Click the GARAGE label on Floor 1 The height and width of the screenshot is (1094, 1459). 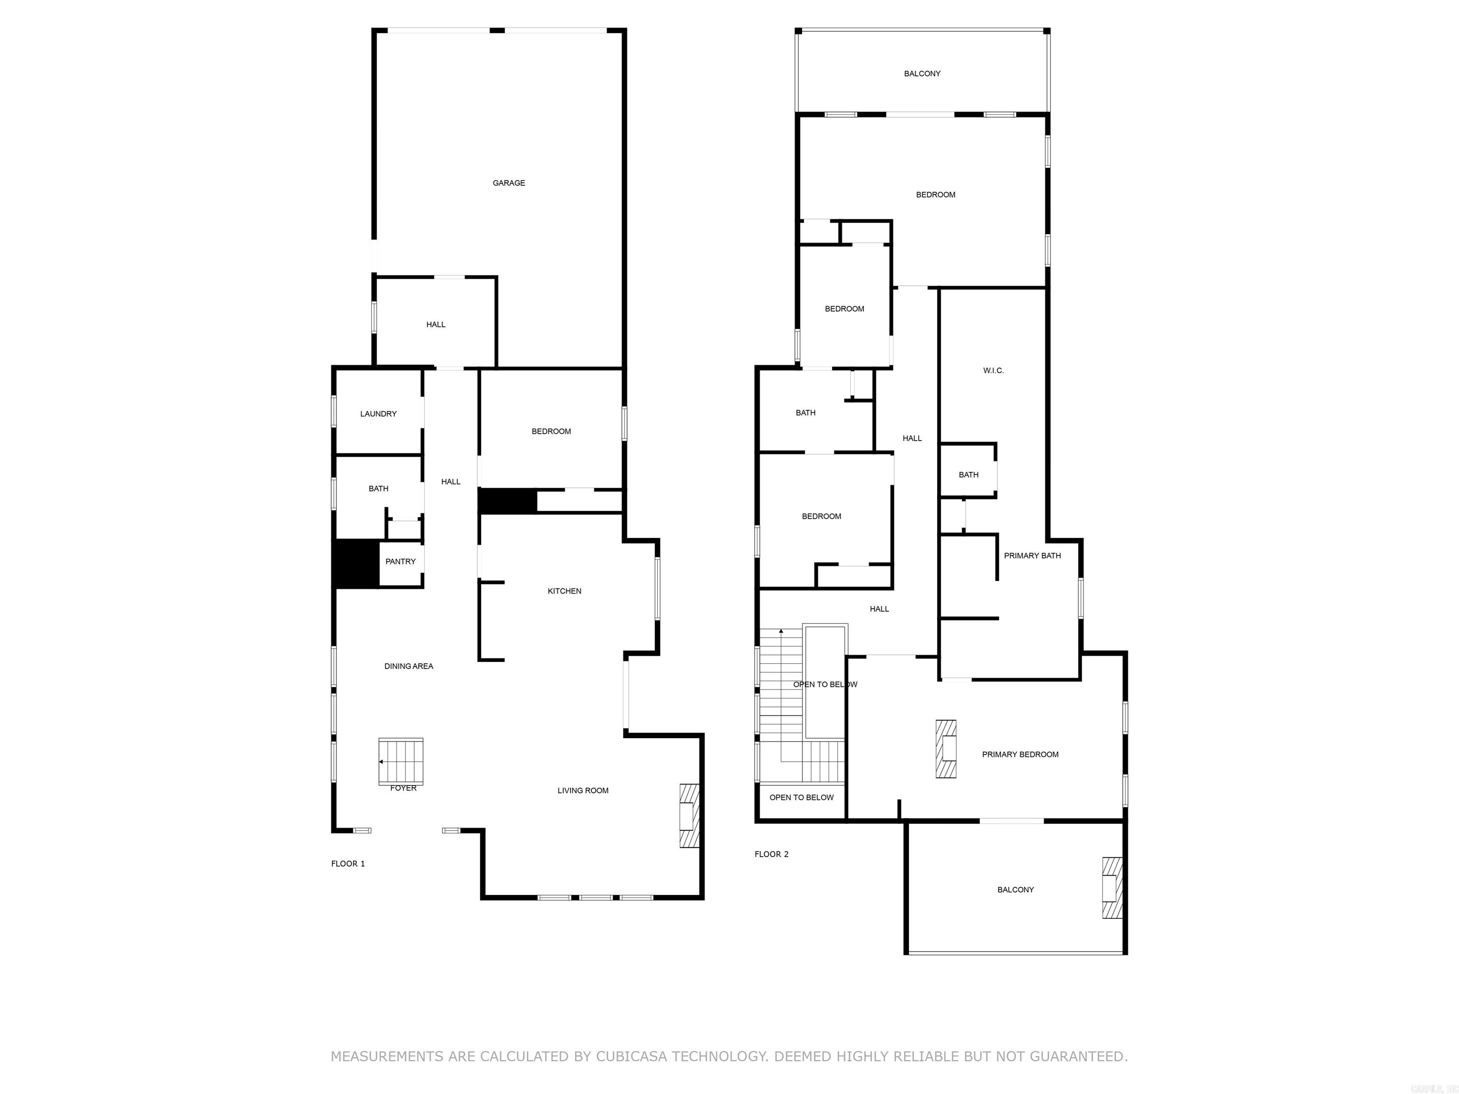pos(509,183)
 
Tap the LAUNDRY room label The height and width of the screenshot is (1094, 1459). pos(378,414)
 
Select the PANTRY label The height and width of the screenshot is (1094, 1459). pos(400,562)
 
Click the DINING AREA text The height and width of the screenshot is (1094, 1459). pos(408,667)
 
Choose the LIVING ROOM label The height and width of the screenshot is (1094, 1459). pos(582,791)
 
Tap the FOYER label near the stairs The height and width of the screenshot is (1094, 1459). pos(403,789)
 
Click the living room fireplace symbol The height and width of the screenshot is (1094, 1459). pos(689,816)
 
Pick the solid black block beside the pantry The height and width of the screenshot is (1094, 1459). pos(356,563)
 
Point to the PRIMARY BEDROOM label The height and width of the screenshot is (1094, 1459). pos(1020,755)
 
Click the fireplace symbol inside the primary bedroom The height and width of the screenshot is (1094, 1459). pos(946,749)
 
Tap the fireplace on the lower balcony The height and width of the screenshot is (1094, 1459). pos(1111,887)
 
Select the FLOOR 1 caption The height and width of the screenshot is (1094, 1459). pos(348,864)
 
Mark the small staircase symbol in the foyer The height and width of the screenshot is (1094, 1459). pos(400,761)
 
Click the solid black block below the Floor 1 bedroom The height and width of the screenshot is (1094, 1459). pos(507,500)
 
